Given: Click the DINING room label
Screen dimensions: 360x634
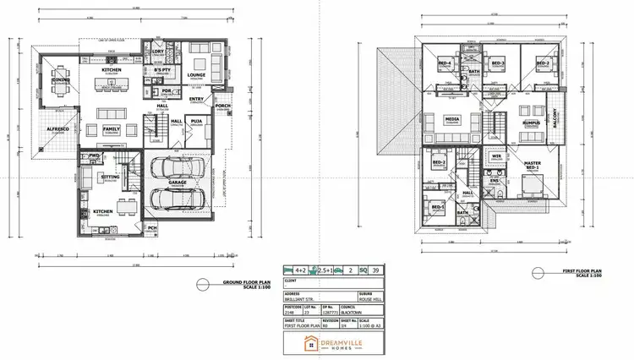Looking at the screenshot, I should [x=60, y=69].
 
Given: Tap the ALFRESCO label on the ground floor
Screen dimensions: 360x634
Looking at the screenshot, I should [x=57, y=128].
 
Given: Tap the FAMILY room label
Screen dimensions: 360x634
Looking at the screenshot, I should [x=111, y=128].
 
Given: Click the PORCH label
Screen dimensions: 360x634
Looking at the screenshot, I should [x=223, y=106].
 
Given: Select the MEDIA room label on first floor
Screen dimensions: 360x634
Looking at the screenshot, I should [x=452, y=120].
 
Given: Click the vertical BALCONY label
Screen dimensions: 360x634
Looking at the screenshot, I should [x=556, y=119].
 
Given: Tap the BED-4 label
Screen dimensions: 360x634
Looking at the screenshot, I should [x=444, y=64].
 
